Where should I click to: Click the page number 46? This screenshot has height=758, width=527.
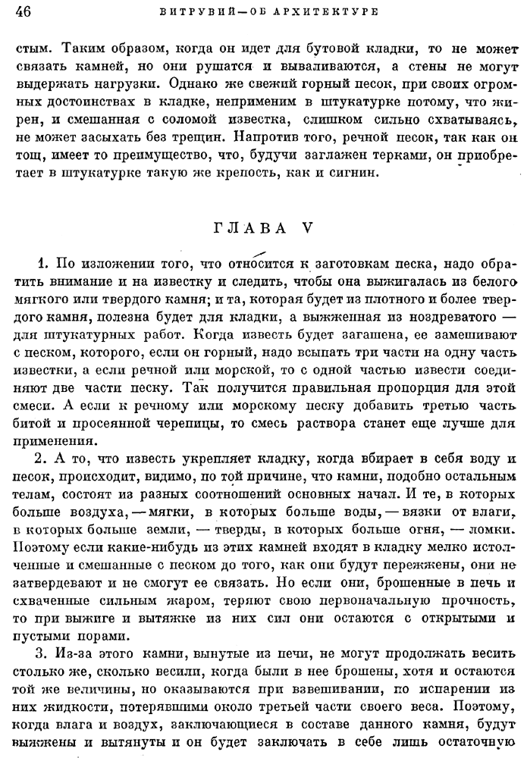point(22,11)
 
